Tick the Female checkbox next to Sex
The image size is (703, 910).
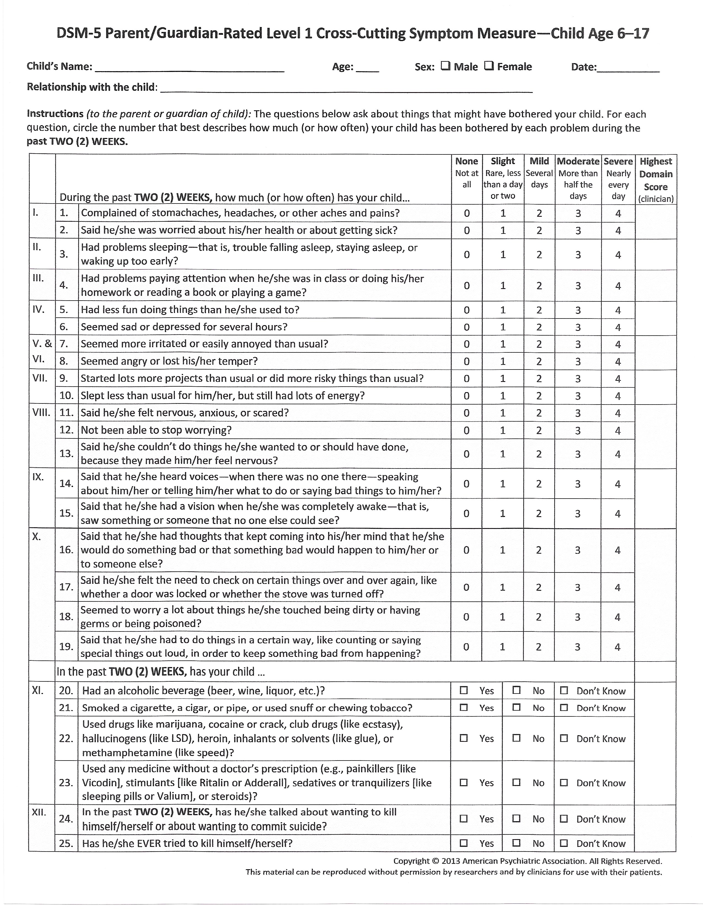coord(489,66)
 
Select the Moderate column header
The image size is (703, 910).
coord(578,161)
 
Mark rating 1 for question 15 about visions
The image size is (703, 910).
coord(503,514)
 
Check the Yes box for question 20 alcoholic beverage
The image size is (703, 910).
coord(463,690)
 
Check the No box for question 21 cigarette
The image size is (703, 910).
coord(516,708)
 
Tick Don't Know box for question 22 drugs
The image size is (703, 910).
coord(564,738)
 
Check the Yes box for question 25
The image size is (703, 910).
coord(463,843)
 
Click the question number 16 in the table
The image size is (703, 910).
coord(66,550)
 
